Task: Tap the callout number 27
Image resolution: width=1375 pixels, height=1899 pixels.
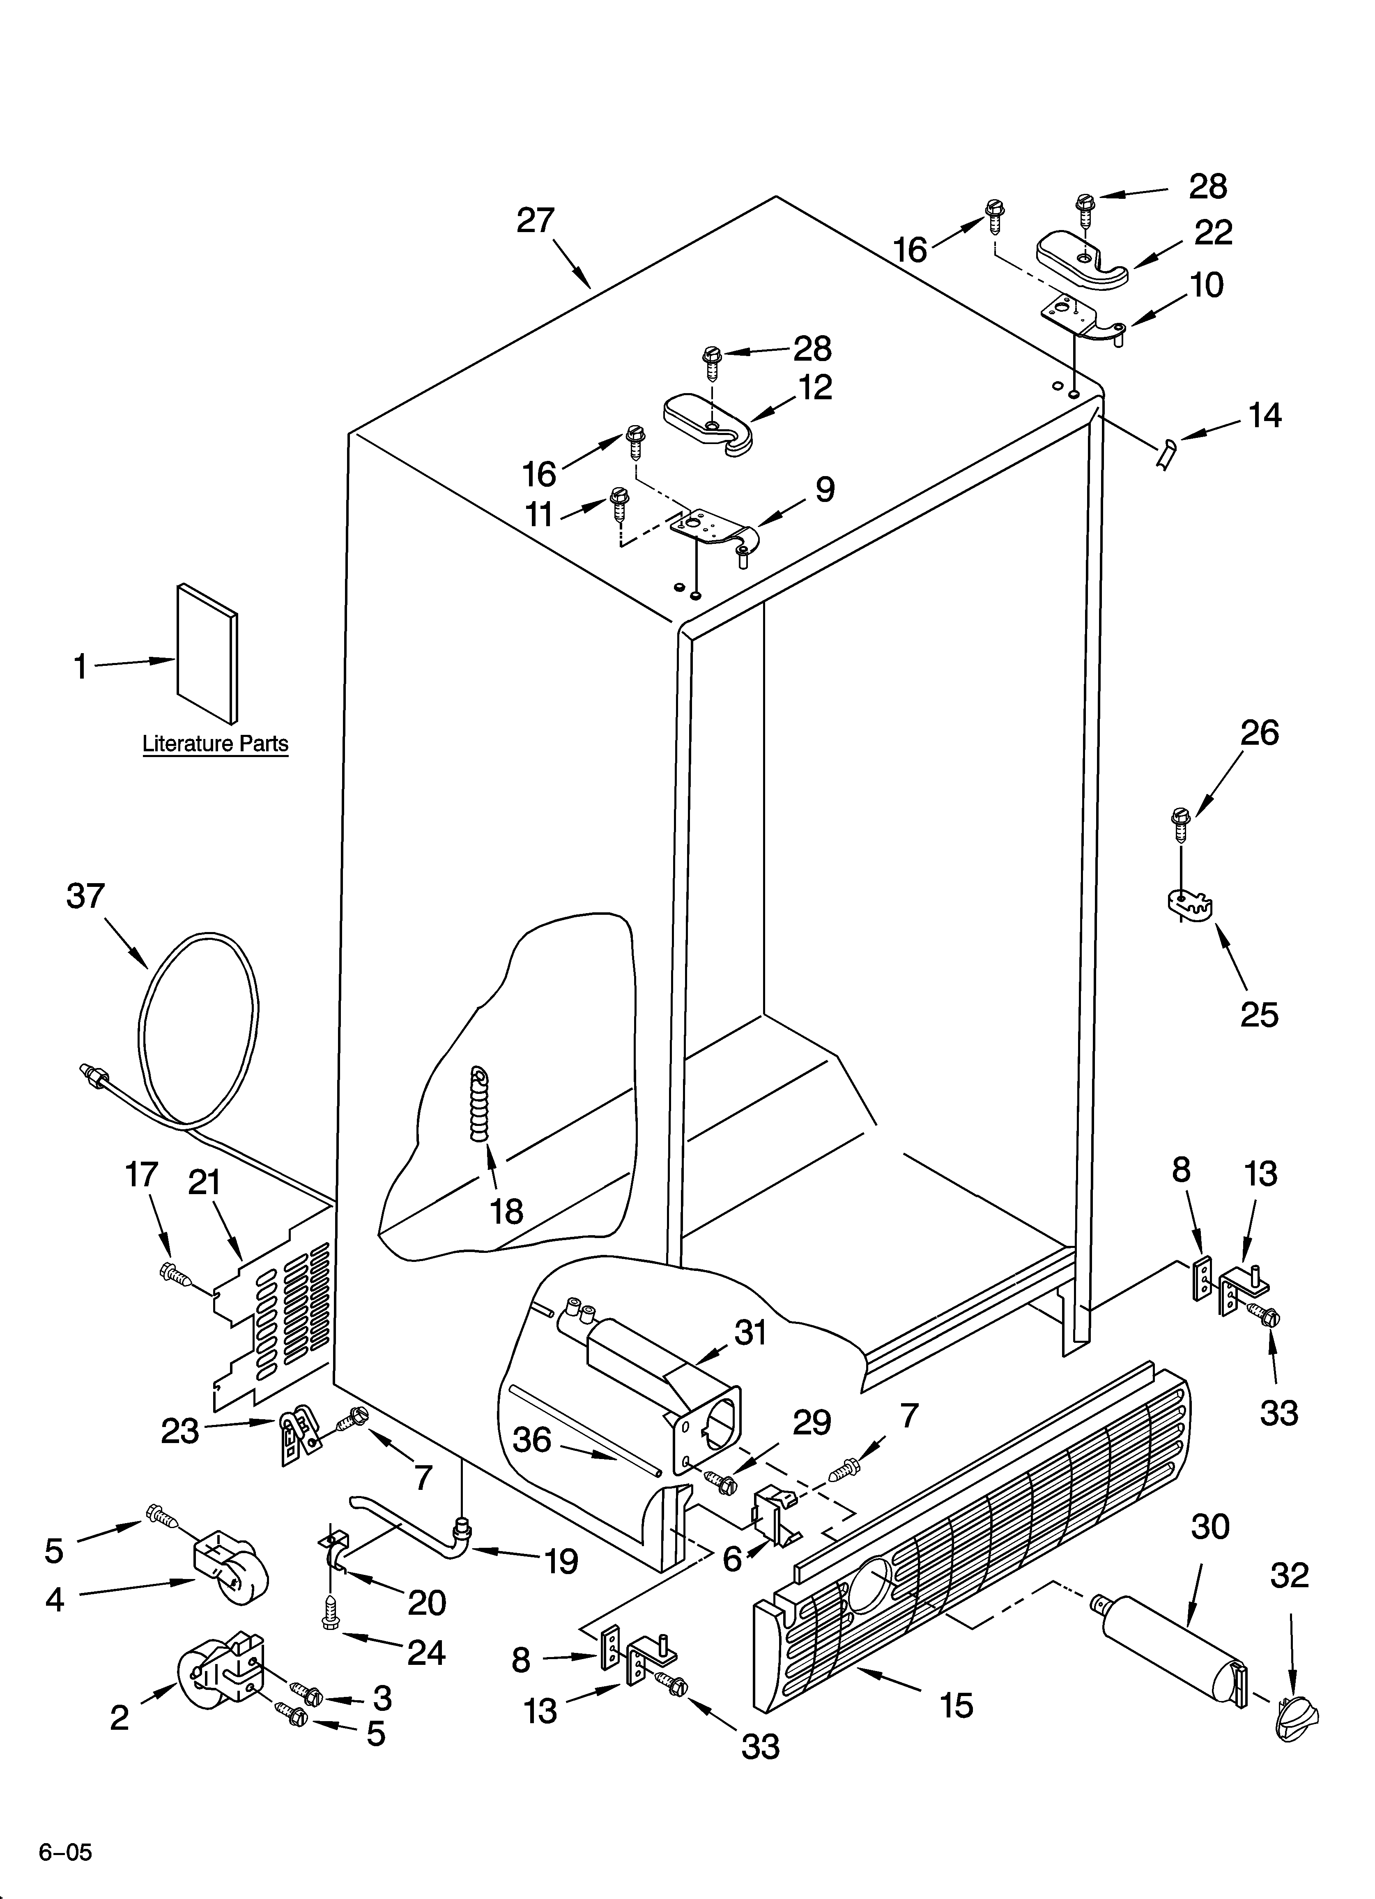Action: (535, 220)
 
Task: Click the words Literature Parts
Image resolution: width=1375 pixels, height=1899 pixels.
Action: (215, 743)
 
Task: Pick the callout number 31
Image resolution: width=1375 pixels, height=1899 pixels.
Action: (750, 1332)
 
